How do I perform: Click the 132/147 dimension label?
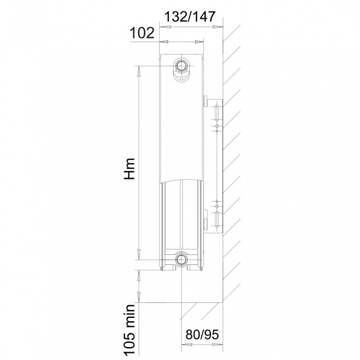(190, 16)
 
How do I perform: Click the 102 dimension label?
(142, 33)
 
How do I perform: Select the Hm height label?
(129, 168)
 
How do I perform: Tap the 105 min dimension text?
(129, 331)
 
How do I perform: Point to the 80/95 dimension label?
(202, 334)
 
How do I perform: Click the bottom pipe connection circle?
(181, 260)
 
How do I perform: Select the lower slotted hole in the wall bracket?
(216, 220)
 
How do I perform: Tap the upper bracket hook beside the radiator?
(206, 101)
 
